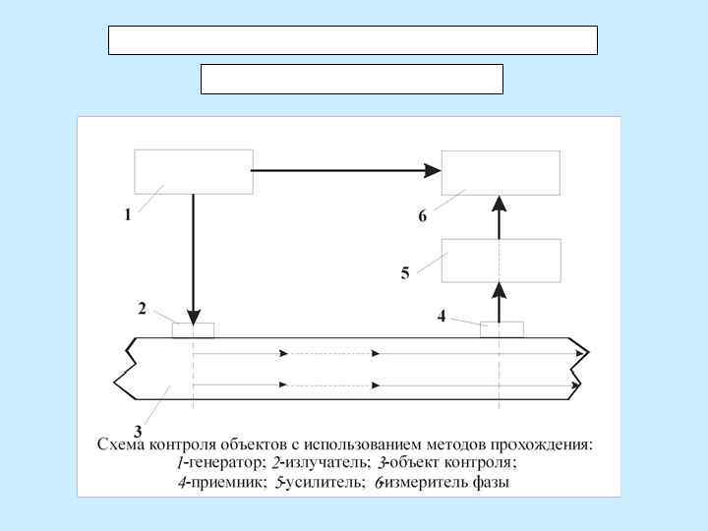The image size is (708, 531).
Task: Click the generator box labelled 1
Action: [x=193, y=171]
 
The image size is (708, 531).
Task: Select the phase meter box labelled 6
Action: [x=501, y=172]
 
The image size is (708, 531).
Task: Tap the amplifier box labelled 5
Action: [x=501, y=261]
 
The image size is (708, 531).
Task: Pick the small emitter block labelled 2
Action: [x=193, y=329]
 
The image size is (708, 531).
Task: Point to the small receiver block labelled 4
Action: [x=501, y=329]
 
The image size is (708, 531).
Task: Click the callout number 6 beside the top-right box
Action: [x=423, y=216]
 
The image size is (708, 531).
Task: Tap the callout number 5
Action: [x=405, y=273]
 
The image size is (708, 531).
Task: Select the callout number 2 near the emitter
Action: [x=143, y=309]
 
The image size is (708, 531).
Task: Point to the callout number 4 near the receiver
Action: [x=442, y=317]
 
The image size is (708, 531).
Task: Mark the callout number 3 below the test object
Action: [x=138, y=431]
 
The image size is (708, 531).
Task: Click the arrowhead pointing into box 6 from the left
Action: [x=432, y=170]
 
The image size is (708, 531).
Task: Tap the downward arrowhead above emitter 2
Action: [x=193, y=313]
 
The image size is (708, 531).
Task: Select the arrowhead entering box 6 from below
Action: [x=500, y=205]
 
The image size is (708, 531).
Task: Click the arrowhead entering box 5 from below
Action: [x=500, y=291]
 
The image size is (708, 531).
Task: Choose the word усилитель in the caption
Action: [x=323, y=483]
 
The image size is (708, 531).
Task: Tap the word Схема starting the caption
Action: [x=121, y=443]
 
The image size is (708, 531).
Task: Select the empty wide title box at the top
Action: [x=352, y=40]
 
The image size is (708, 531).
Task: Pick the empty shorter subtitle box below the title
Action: [x=351, y=79]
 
